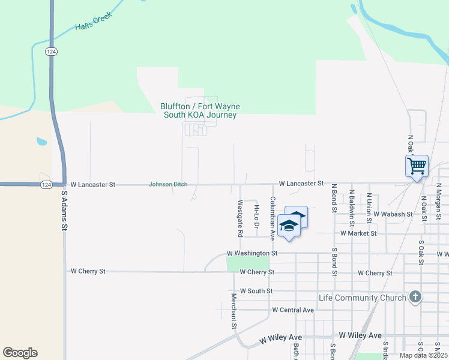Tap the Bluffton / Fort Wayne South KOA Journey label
coord(200,111)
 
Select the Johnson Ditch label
coord(167,185)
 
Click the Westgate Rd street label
coord(240,217)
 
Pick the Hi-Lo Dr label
coord(256,217)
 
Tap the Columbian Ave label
coord(273,218)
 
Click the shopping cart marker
coord(417,165)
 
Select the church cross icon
coord(415,297)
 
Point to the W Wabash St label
coord(393,214)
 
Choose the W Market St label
coord(358,233)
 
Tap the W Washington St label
coord(252,254)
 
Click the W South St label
coord(256,291)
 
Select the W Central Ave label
coord(293,310)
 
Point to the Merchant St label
coord(234,310)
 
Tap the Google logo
coord(20,353)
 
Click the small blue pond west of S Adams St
coord(41,142)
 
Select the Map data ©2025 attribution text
coord(423,355)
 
